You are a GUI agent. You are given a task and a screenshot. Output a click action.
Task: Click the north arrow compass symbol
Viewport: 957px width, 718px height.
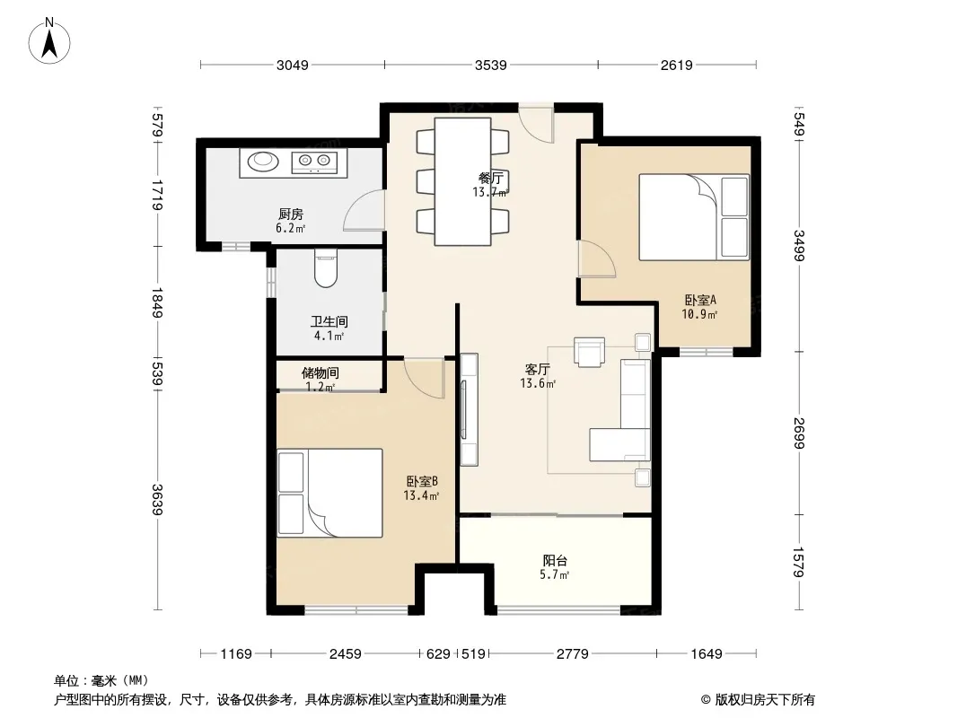click(x=49, y=41)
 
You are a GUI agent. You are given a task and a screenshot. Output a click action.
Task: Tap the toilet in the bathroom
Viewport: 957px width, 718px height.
click(x=326, y=267)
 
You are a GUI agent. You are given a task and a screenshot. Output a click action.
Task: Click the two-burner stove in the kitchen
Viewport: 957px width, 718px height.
click(x=314, y=161)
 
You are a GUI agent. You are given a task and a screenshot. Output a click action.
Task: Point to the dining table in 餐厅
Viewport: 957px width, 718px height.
click(x=462, y=182)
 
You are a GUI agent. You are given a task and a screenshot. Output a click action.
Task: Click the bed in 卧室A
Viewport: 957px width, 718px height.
click(x=694, y=218)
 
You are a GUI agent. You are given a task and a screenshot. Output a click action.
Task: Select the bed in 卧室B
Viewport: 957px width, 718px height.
click(x=330, y=493)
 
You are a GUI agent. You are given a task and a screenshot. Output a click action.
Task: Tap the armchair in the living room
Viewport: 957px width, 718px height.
click(x=590, y=352)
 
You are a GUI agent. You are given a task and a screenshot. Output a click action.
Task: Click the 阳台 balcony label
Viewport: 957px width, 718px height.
click(x=555, y=560)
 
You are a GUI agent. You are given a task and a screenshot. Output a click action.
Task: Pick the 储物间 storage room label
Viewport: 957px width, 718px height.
click(x=320, y=372)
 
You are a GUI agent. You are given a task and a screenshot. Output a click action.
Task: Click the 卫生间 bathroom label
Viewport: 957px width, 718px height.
click(x=329, y=321)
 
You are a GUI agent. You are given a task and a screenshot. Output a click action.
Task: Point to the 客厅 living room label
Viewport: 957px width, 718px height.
click(x=538, y=369)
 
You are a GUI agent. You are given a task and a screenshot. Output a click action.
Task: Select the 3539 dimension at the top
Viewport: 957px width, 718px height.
click(x=491, y=65)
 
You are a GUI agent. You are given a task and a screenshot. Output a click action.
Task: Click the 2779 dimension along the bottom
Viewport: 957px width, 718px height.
click(x=573, y=654)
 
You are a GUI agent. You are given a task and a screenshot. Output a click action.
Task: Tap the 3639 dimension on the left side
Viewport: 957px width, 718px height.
click(x=158, y=500)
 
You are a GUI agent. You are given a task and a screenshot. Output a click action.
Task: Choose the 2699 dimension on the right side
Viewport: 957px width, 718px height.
click(x=799, y=433)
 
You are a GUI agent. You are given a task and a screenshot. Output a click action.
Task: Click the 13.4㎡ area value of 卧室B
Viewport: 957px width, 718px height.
click(x=421, y=495)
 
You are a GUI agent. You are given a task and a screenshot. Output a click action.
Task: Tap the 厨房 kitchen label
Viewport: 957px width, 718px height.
click(x=291, y=215)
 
